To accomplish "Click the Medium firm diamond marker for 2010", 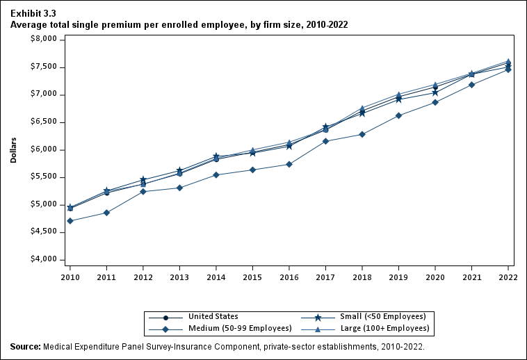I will coord(70,221).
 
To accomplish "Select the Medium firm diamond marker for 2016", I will coord(289,164).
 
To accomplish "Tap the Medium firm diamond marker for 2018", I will coord(362,134).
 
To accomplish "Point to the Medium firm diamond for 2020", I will coord(435,102).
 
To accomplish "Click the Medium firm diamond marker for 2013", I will coord(179,188).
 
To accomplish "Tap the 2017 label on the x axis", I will coord(325,277).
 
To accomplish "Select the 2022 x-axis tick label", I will coord(508,277).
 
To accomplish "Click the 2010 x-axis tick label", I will coord(70,277).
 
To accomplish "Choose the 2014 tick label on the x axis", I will coord(216,277).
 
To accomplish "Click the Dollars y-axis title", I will coord(14,149).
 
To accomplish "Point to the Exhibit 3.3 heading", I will coord(33,13).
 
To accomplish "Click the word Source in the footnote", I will coord(26,346).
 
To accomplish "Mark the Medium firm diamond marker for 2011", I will coord(106,213).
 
